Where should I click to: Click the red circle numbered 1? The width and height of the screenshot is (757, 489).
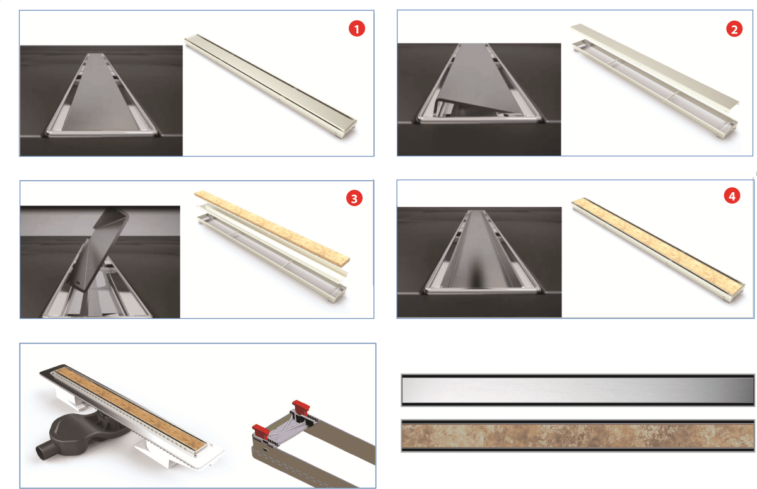pos(356,28)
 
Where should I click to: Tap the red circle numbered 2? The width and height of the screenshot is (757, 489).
pos(734,29)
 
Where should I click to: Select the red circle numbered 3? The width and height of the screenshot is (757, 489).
pos(354,198)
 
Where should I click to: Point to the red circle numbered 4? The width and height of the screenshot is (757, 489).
pos(732,196)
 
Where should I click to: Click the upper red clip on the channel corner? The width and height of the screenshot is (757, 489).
pos(301,408)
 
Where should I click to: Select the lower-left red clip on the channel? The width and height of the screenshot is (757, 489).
pos(261,432)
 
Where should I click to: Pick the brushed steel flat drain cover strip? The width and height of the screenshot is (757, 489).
pos(578,390)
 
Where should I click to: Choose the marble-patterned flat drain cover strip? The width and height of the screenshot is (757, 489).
pos(578,435)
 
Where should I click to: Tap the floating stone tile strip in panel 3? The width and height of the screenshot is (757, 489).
pos(272,229)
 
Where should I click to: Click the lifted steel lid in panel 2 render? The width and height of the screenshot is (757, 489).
pos(655,65)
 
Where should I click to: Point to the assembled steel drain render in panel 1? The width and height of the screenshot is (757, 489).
pos(271,86)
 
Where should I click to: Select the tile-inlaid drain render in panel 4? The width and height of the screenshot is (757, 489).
pos(657,250)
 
